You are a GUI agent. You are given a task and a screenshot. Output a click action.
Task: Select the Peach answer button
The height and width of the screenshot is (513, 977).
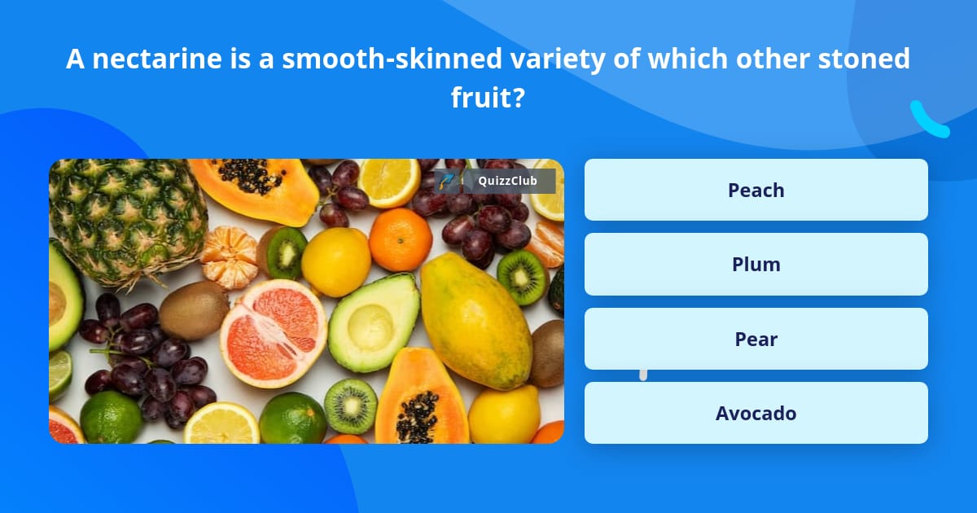[x=756, y=190]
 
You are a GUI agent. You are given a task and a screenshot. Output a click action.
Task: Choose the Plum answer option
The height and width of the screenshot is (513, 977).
[x=756, y=264]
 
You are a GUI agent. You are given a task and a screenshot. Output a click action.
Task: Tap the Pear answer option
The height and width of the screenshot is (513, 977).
[x=756, y=339]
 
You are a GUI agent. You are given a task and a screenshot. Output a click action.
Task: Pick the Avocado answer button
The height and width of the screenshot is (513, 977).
[x=756, y=413]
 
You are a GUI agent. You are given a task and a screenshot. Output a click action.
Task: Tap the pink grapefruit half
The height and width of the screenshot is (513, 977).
[x=273, y=332]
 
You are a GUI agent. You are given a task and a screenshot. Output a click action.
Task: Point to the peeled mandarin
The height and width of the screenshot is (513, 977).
[x=229, y=256]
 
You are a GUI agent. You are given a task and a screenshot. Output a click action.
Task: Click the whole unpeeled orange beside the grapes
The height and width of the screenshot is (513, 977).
[x=400, y=239]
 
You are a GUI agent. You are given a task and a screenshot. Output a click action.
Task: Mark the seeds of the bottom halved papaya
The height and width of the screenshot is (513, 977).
[x=417, y=415]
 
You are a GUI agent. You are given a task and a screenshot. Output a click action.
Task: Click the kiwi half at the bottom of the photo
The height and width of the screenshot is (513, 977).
[x=351, y=405]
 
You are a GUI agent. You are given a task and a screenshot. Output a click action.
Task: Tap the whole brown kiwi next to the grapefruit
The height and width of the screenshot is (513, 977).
[x=194, y=309]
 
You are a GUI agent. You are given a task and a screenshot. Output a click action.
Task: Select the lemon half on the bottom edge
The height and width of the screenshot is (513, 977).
[x=221, y=424]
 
